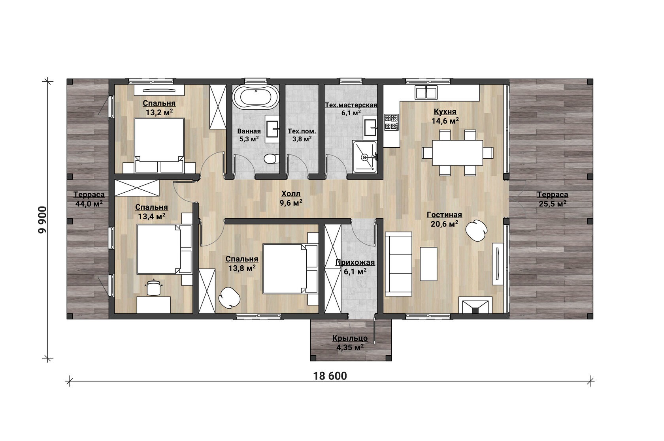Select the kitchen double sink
point(426,92)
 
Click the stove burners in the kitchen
point(391,122)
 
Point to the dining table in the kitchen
point(458,152)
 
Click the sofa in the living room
point(398,264)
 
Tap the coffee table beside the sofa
point(428,264)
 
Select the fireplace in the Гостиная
point(475,305)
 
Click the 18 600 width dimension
point(330,376)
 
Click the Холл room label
point(291,194)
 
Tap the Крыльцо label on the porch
point(350,338)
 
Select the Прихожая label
point(355,263)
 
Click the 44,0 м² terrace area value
point(89,204)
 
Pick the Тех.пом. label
point(302,131)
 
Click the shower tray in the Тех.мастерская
point(364,157)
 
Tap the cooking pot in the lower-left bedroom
point(153,287)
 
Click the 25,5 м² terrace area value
point(553,204)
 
